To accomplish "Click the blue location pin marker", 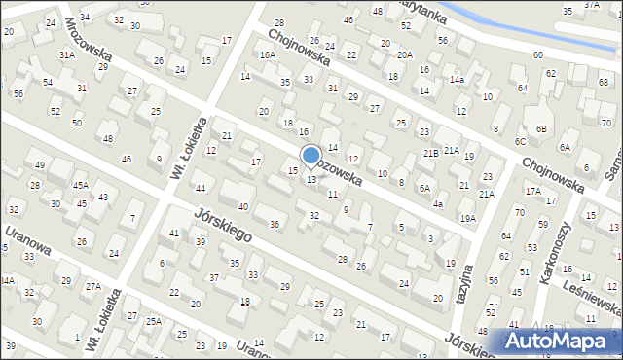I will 311,156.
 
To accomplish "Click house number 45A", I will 80,185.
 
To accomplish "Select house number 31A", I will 66,55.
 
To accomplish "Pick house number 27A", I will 92,286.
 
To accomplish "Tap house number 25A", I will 153,321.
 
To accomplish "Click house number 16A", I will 268,55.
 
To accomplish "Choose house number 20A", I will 404,55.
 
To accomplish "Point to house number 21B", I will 430,154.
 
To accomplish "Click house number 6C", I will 521,142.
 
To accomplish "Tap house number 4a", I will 439,204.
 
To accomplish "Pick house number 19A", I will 468,218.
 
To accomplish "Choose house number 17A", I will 532,192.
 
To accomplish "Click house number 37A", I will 591,5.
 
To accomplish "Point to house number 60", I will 538,55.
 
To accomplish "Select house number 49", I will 39,165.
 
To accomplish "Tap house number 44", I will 201,188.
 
